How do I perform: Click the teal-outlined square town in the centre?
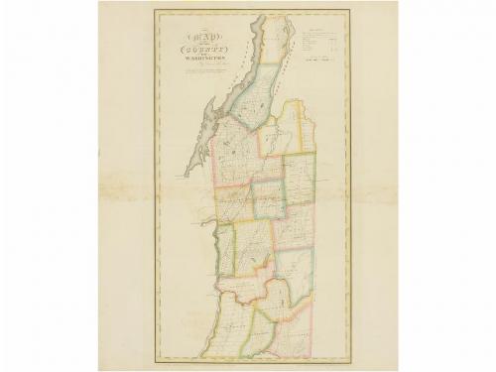pos(269,199)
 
